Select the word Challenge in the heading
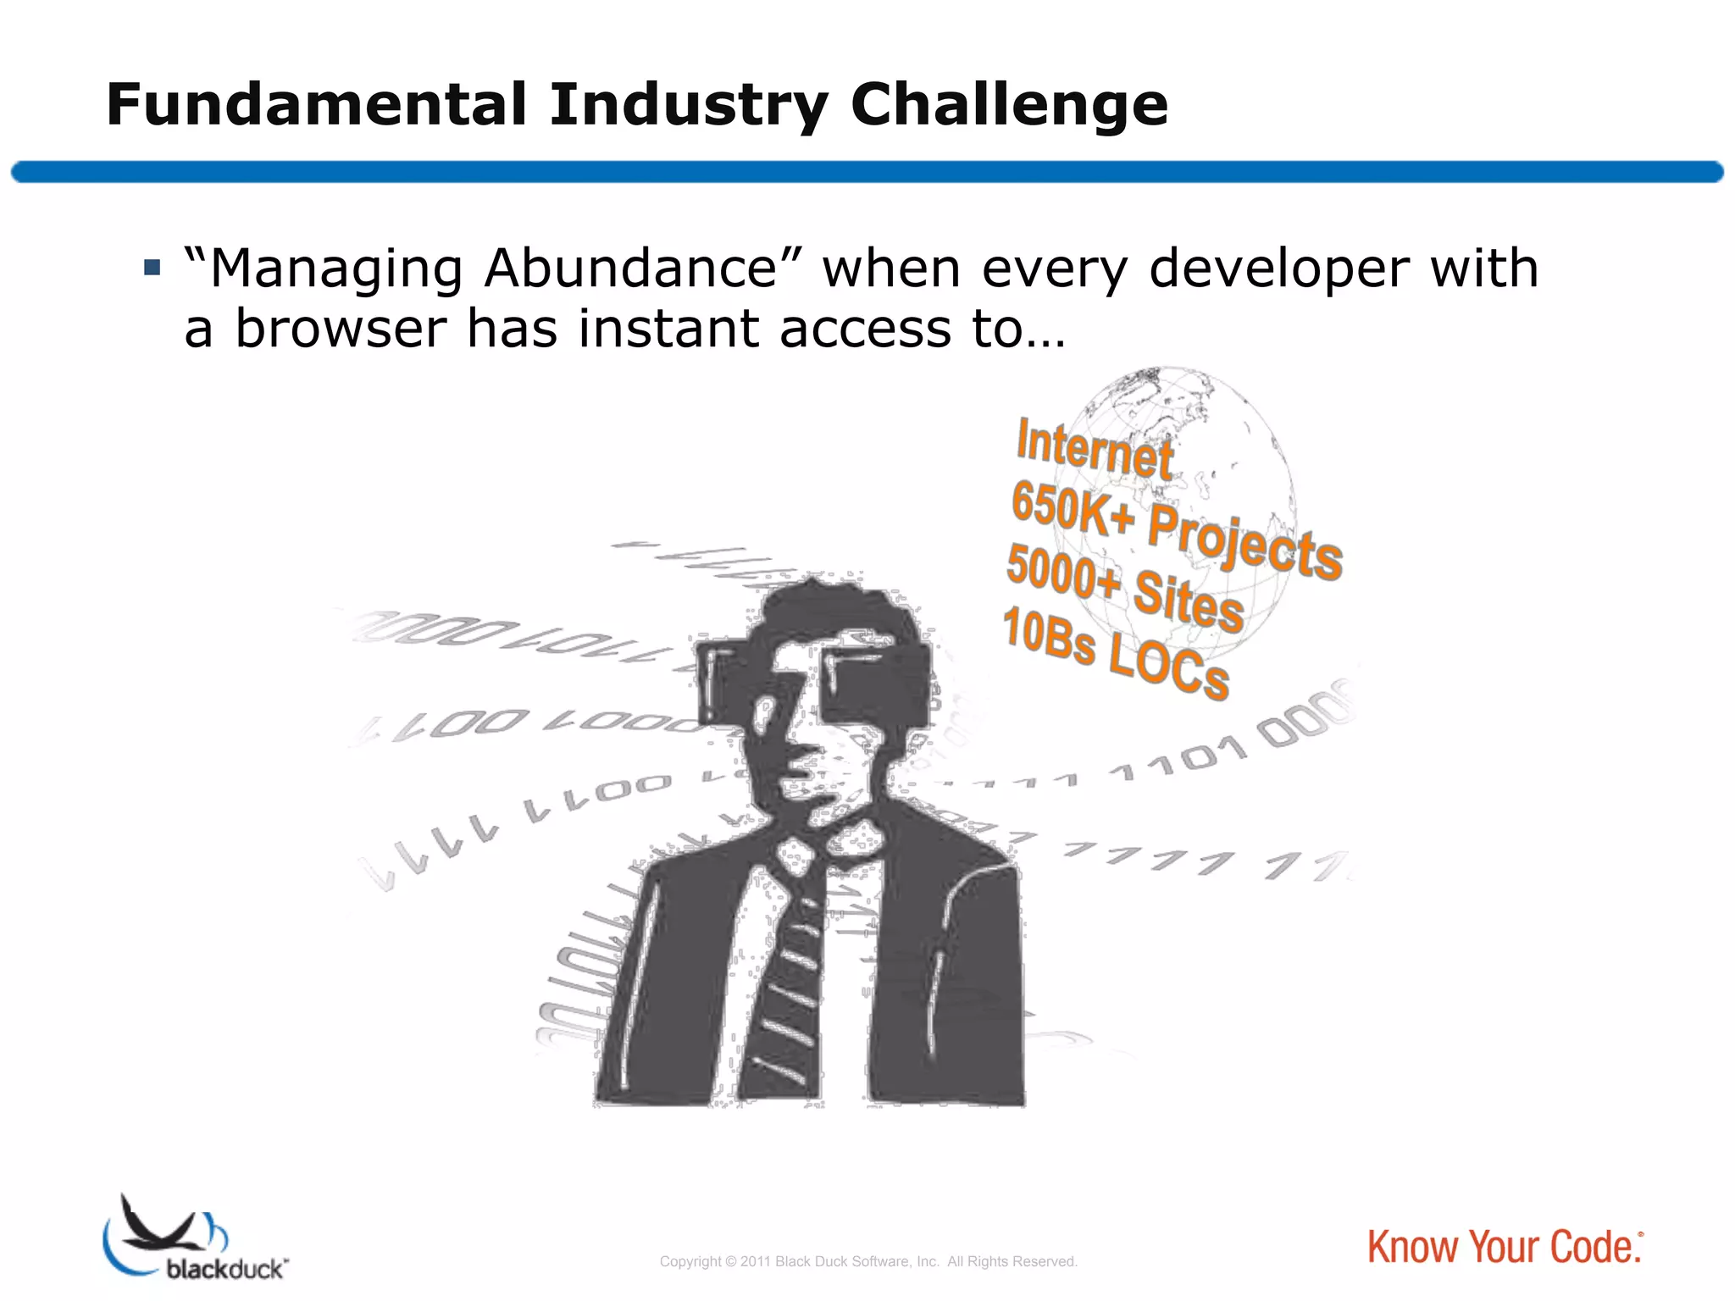point(1009,107)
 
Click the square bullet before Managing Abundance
point(152,269)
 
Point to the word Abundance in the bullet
point(631,269)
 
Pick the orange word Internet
point(1095,449)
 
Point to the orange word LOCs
point(1169,665)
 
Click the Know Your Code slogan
point(1504,1248)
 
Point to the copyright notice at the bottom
point(867,1262)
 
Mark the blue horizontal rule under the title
point(867,172)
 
